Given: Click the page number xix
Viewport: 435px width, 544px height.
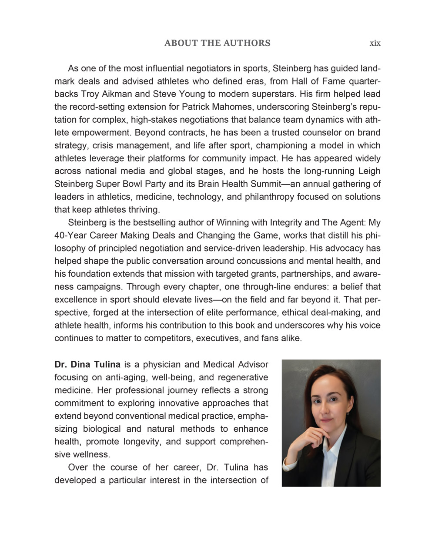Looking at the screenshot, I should pos(375,43).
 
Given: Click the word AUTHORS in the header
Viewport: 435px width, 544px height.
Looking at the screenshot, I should pos(247,43).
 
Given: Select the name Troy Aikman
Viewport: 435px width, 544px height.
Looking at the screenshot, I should pos(100,94).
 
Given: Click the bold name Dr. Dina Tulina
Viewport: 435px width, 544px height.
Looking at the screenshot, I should pos(87,365).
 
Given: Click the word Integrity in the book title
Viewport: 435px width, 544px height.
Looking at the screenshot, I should pos(286,223).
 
